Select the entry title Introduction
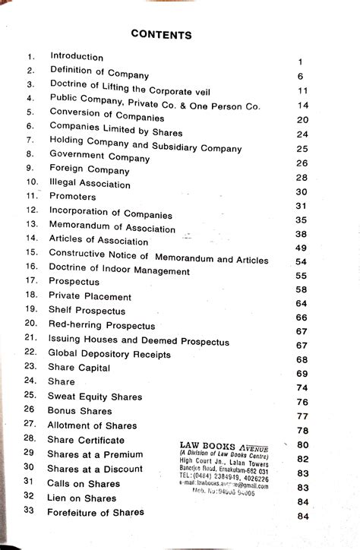[x=77, y=57]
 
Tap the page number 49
[x=301, y=248]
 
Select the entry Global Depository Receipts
[x=109, y=353]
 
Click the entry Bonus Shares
[x=80, y=410]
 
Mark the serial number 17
[x=31, y=281]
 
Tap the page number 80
[x=302, y=445]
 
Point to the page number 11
[x=302, y=91]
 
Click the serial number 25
[x=30, y=395]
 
